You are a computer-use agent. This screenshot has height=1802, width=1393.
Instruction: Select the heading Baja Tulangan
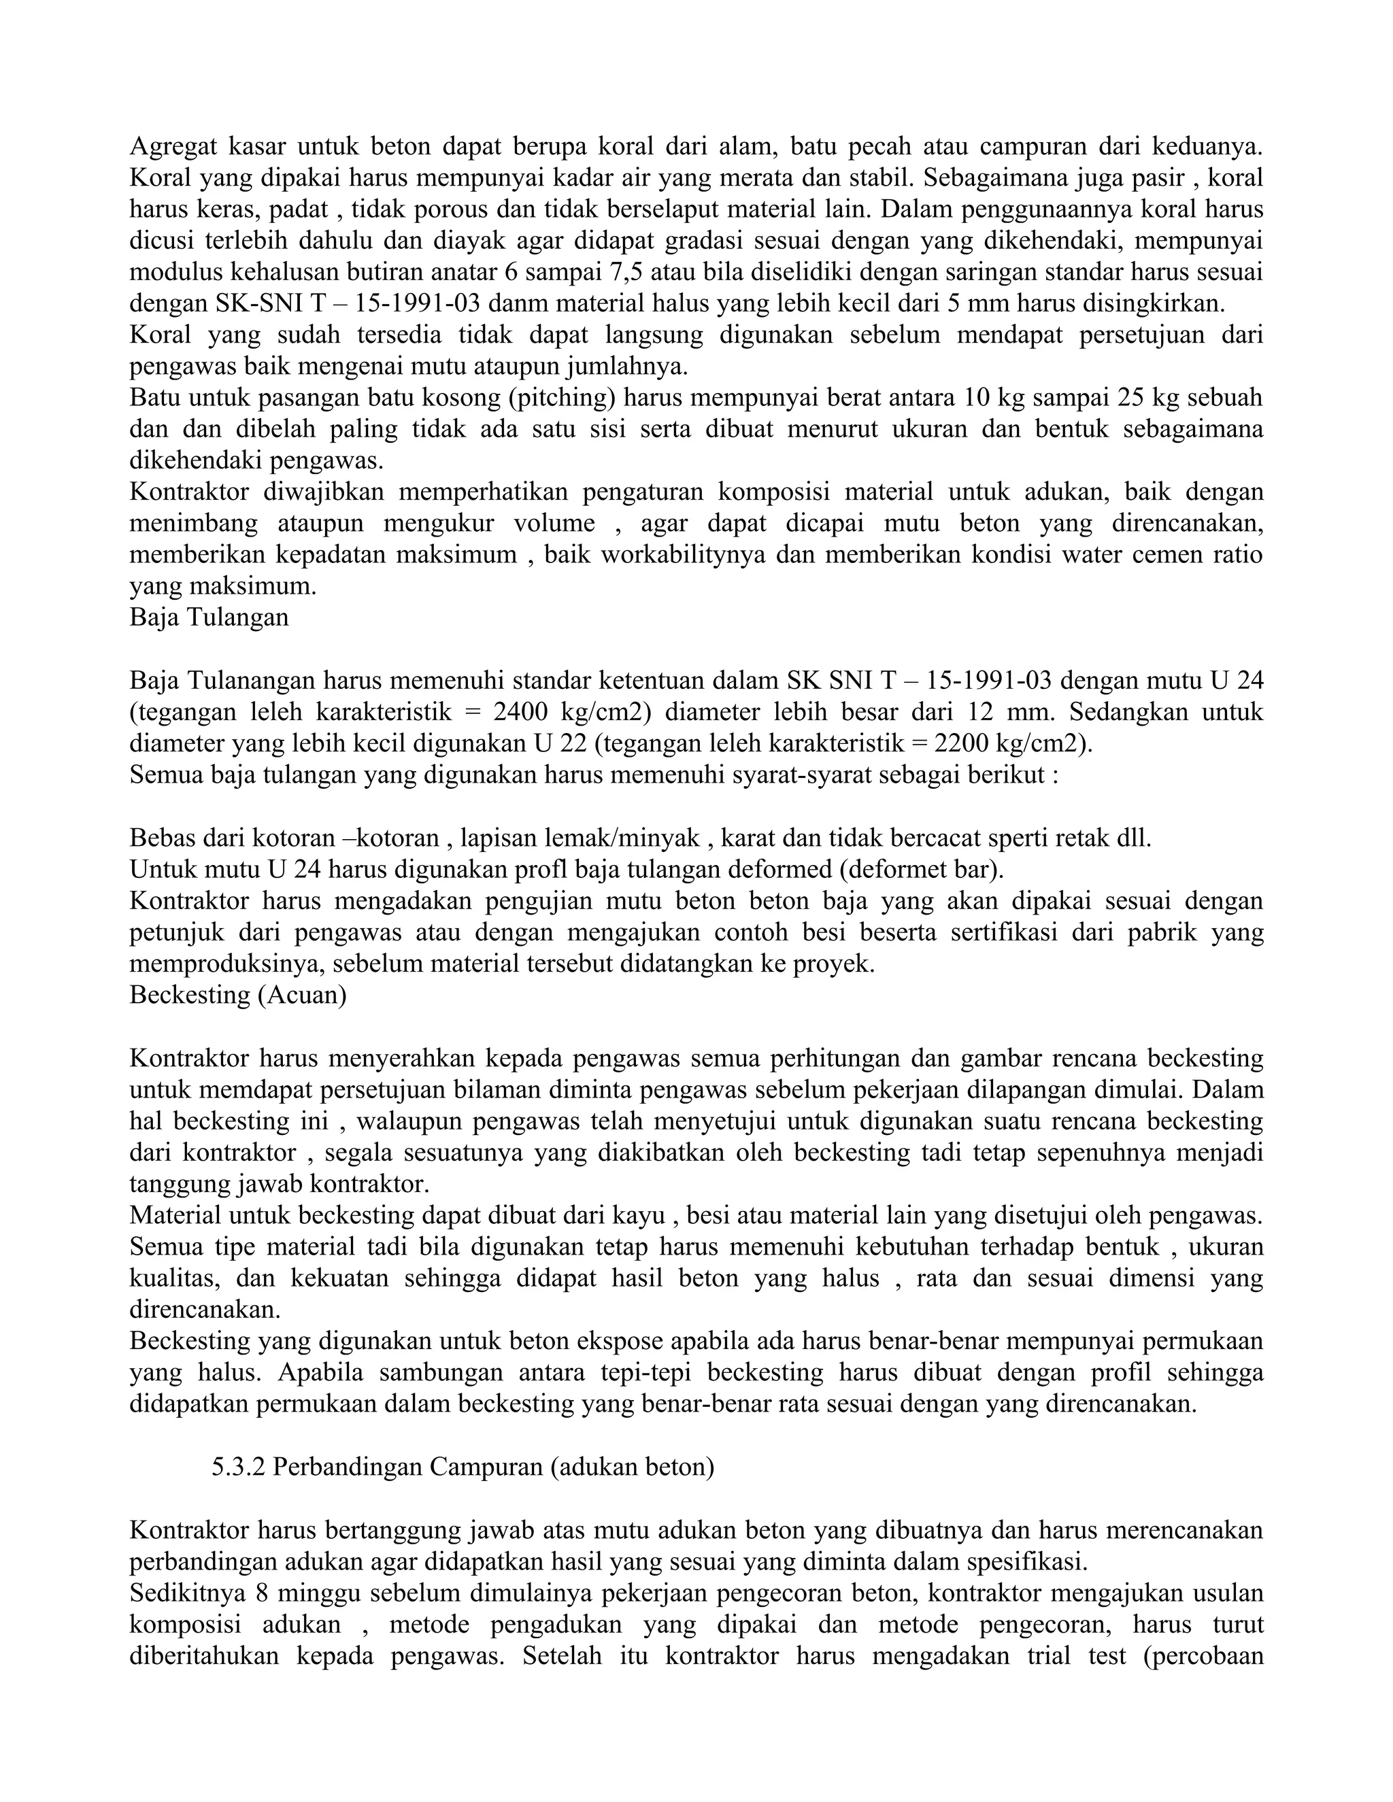[x=209, y=617]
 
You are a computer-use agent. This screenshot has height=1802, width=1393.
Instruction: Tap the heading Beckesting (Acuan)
[x=237, y=995]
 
